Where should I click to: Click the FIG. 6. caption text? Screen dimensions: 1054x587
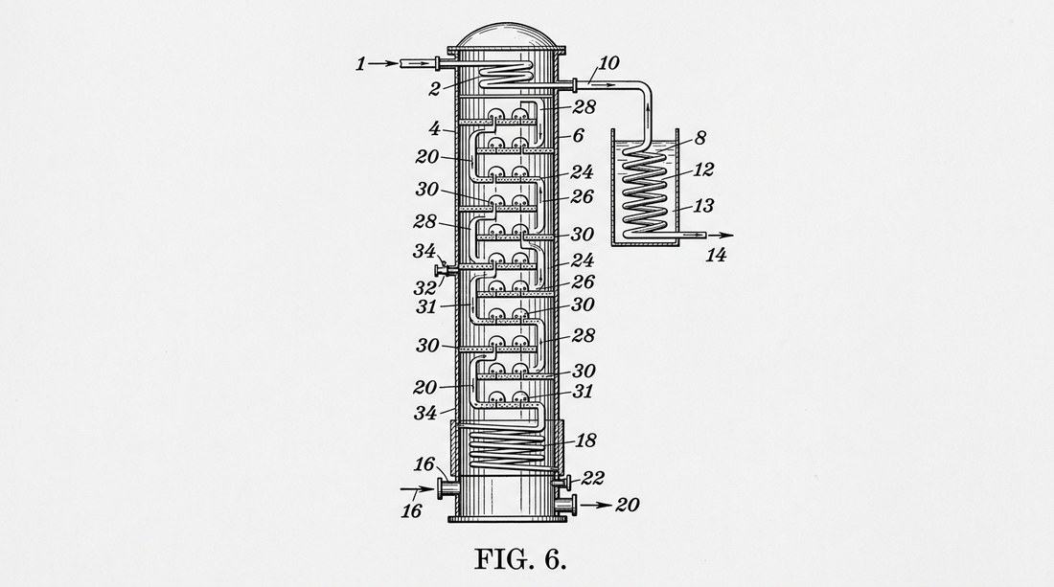520,559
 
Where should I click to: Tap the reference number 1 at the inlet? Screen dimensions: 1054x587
361,64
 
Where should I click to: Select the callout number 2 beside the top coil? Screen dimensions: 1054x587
435,89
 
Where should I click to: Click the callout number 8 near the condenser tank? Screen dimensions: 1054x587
699,138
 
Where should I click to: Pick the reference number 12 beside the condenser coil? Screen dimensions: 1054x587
702,169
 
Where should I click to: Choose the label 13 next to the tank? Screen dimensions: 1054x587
702,206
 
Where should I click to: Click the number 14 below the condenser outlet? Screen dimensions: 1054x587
716,255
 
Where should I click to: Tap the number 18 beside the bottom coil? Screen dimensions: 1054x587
585,440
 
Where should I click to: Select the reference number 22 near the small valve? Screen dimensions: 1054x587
593,478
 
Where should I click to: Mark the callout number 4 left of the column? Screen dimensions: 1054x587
434,127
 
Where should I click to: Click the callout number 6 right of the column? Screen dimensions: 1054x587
578,135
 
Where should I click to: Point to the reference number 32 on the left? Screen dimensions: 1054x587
425,288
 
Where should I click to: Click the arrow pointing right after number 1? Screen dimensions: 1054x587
383,64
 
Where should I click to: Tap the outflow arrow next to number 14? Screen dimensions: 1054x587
721,235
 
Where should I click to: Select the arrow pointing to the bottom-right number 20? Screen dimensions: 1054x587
596,505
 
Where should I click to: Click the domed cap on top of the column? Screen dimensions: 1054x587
508,37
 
